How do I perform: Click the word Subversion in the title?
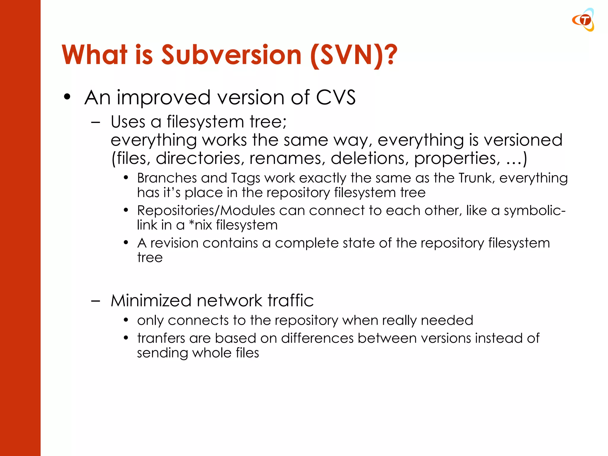click(x=231, y=55)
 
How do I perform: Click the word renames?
click(x=285, y=158)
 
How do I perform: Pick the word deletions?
click(x=368, y=158)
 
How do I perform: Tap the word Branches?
click(x=167, y=178)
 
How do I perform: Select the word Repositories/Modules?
click(x=206, y=211)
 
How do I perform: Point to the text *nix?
click(x=200, y=225)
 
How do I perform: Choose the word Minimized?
click(x=151, y=300)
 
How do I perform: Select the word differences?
click(x=317, y=338)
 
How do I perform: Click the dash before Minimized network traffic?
click(x=96, y=300)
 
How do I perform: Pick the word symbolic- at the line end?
click(x=534, y=211)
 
